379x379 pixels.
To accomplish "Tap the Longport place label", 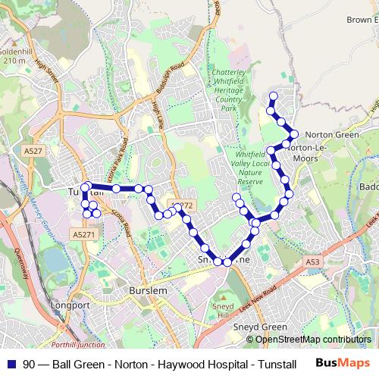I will click(69, 305).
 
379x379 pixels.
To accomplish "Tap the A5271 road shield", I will click(84, 236).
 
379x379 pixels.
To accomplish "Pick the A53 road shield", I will click(313, 261).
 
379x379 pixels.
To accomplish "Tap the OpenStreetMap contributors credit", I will click(308, 340).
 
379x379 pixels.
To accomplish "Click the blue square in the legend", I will click(11, 364).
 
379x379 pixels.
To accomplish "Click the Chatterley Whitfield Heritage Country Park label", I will click(228, 90).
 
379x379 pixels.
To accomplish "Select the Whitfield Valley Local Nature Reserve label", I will click(250, 168).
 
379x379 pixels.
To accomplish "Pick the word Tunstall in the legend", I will click(274, 364).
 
